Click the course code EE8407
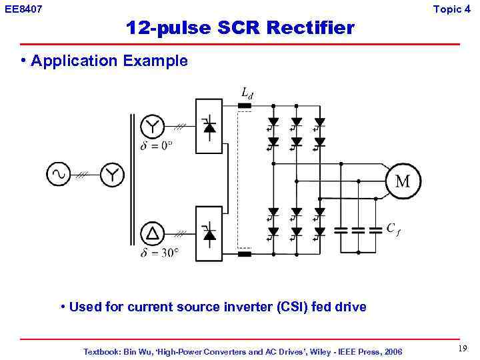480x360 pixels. click(23, 9)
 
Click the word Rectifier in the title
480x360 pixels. click(309, 27)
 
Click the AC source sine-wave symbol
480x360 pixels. click(58, 175)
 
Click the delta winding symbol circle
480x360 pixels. click(153, 233)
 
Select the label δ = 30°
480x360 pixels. click(160, 253)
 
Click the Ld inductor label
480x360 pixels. click(247, 93)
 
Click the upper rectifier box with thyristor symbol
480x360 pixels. click(209, 126)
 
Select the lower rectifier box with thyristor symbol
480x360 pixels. click(209, 233)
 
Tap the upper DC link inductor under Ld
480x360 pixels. click(245, 105)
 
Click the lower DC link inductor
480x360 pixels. click(245, 253)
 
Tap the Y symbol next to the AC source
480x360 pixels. click(112, 175)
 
